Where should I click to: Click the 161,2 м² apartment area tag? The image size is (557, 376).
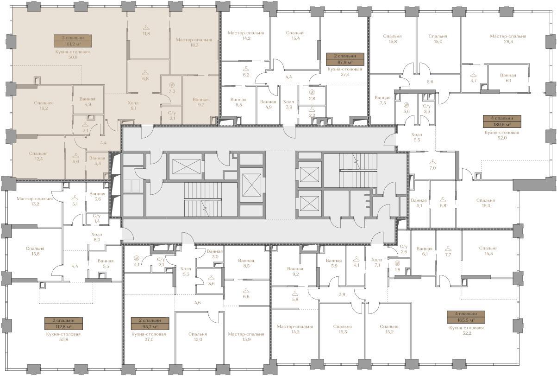point(73,41)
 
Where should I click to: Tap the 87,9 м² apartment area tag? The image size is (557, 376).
point(345,59)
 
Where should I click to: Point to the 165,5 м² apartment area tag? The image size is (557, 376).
point(466,317)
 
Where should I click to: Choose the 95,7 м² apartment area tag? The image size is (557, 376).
point(150,324)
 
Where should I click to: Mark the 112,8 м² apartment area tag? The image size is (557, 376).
point(63,324)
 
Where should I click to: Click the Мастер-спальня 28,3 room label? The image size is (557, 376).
point(508,39)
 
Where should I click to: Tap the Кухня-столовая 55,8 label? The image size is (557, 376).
point(63,337)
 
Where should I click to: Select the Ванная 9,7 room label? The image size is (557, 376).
point(200,102)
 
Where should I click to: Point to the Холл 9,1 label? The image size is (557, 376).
point(133,106)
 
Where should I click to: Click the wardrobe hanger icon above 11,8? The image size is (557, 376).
point(146,26)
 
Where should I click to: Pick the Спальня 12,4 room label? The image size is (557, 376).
point(38,156)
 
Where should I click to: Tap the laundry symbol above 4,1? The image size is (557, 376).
point(136,258)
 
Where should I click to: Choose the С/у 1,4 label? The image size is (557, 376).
point(96,218)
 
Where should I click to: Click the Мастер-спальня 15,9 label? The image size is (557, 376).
point(246,337)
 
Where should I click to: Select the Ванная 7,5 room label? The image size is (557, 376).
point(382,100)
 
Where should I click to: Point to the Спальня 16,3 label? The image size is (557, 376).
point(485,203)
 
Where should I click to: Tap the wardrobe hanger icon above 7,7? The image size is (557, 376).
point(448,249)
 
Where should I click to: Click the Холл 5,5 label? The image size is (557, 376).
point(417,137)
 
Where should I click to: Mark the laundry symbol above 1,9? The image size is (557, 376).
point(397,263)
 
